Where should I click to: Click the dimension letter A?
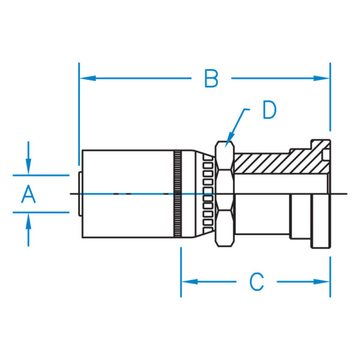(x=28, y=194)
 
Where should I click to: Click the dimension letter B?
(x=211, y=79)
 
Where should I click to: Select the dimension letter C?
(x=256, y=282)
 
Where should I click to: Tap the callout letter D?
(x=269, y=110)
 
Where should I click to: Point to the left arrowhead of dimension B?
(x=88, y=78)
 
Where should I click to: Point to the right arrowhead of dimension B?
(x=322, y=78)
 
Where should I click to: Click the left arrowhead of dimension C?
(x=190, y=282)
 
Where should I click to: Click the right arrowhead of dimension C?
(x=322, y=282)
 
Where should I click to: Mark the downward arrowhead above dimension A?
(x=28, y=166)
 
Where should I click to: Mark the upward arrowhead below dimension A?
(x=28, y=221)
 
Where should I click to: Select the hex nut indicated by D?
(x=225, y=194)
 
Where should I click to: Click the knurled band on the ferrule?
(x=177, y=194)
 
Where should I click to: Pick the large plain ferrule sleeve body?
(x=128, y=194)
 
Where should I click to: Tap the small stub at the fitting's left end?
(x=80, y=194)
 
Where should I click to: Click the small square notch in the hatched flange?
(x=326, y=155)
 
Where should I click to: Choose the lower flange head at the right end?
(x=321, y=221)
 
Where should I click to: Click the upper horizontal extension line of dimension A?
(x=41, y=175)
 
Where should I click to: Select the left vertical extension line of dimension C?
(x=181, y=272)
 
